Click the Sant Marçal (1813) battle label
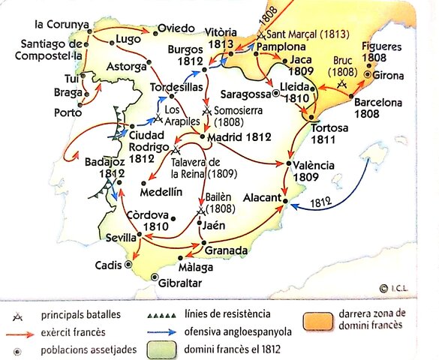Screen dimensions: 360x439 300,34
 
